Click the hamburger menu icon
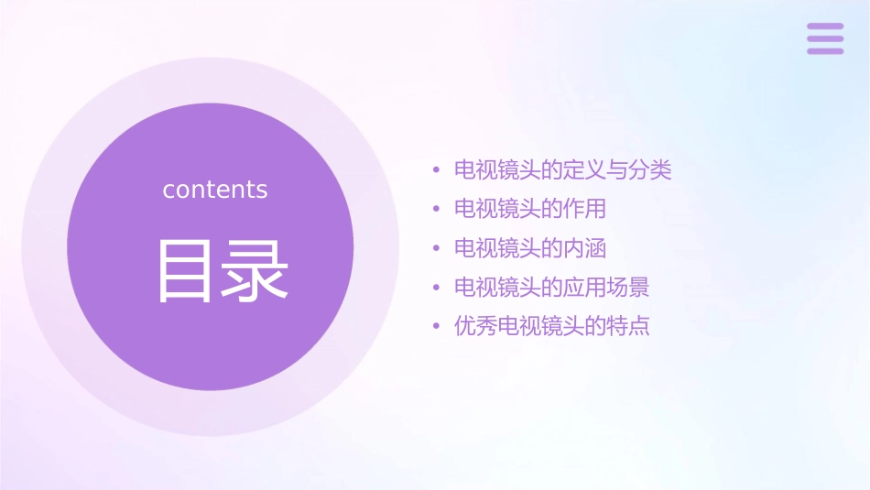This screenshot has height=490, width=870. point(825,38)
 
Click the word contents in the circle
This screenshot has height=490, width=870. point(215,190)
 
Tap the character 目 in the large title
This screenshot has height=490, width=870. point(184,271)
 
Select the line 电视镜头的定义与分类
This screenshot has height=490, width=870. point(563,170)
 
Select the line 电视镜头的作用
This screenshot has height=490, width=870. point(530,209)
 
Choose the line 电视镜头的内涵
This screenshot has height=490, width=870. point(530,248)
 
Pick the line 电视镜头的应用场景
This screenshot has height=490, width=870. point(552,288)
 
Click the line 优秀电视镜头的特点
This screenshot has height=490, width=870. point(552,327)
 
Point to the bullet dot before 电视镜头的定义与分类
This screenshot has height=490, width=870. point(437,170)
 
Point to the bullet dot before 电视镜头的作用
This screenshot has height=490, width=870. point(437,210)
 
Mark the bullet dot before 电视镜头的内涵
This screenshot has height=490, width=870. point(437,249)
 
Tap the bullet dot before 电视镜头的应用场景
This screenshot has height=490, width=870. point(437,289)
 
